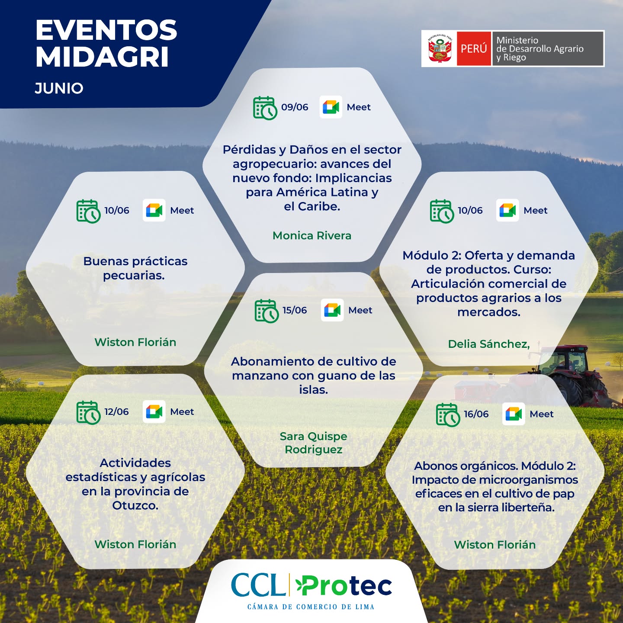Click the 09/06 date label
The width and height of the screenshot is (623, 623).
(x=295, y=107)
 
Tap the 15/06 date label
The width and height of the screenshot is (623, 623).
(x=295, y=310)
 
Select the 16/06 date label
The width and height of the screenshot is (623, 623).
(x=476, y=414)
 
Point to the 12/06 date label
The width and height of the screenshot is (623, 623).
(x=116, y=411)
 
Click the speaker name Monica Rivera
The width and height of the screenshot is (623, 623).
(x=311, y=235)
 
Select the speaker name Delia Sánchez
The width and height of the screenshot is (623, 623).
(x=489, y=344)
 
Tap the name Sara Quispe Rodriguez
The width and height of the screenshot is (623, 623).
(x=313, y=443)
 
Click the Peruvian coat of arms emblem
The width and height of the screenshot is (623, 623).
(x=440, y=48)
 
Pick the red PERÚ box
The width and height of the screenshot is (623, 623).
(x=474, y=49)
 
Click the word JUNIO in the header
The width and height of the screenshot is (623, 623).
(x=59, y=88)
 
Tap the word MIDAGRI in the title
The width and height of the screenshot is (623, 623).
(x=102, y=57)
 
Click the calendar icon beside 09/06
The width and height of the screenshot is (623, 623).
(x=265, y=108)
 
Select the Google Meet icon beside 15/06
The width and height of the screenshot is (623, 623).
(x=332, y=310)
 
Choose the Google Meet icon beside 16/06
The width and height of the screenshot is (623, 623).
(x=514, y=414)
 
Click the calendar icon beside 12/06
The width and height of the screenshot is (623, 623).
(x=88, y=413)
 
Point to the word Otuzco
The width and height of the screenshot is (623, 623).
(x=135, y=505)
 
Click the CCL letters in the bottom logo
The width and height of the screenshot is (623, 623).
(x=258, y=585)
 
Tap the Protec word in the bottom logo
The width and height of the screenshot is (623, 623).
(x=344, y=586)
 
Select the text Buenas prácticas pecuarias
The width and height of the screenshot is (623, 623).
(x=135, y=268)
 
